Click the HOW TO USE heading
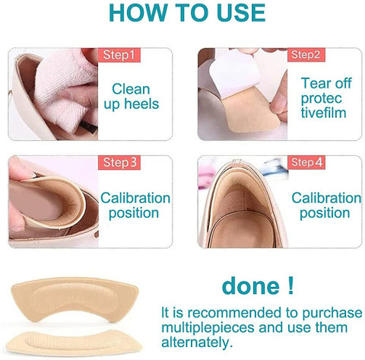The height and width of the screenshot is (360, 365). (x=182, y=14)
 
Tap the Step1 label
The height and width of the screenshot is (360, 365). (x=119, y=56)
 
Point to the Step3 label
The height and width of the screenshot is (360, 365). (x=119, y=163)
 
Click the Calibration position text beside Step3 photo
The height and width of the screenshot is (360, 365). (x=135, y=206)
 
